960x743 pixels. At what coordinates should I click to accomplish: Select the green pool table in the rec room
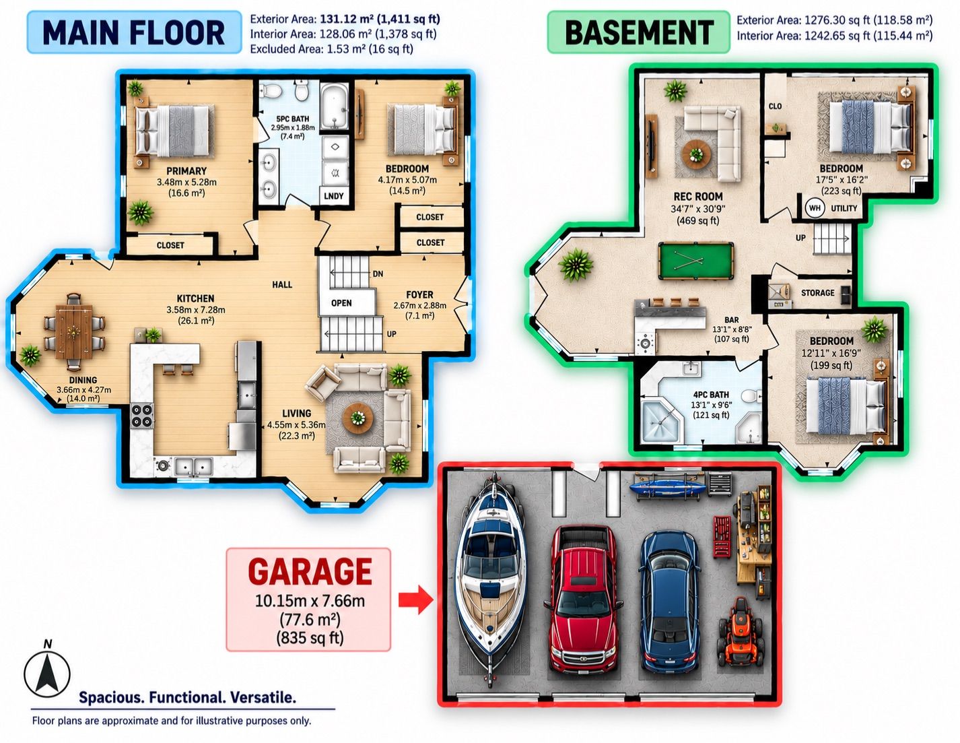(x=696, y=260)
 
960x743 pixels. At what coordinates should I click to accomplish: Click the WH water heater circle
(x=815, y=207)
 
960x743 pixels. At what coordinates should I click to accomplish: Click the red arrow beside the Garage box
(x=416, y=600)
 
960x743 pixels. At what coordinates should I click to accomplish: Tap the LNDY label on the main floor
(x=333, y=196)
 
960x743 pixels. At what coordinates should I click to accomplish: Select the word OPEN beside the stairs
(x=341, y=303)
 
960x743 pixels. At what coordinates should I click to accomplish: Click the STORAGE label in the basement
(x=818, y=292)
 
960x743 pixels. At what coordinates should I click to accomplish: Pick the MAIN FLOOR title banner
(x=134, y=33)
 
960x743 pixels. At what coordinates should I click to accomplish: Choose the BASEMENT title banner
(x=639, y=33)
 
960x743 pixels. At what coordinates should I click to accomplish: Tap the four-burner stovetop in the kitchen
(x=142, y=416)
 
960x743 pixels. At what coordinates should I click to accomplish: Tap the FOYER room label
(x=419, y=294)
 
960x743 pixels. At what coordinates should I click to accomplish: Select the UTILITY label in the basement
(x=844, y=208)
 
